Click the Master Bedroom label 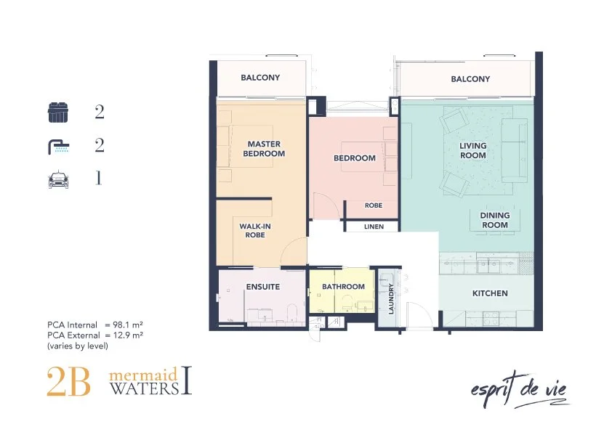click(x=264, y=149)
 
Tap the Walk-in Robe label click(x=255, y=230)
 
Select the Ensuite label click(x=262, y=287)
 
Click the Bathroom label click(x=343, y=287)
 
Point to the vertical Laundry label click(x=391, y=298)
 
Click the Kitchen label click(x=490, y=293)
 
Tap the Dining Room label click(x=494, y=220)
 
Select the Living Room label click(x=472, y=150)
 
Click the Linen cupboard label click(x=374, y=227)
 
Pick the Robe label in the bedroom click(x=374, y=205)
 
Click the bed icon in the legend click(x=57, y=113)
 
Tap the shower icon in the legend click(x=59, y=147)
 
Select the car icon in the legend click(x=59, y=180)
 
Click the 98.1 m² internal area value click(x=128, y=325)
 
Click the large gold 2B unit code click(x=69, y=382)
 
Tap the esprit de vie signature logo click(x=519, y=390)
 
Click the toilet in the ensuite click(x=292, y=312)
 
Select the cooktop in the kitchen click(x=491, y=318)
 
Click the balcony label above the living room click(x=470, y=78)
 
